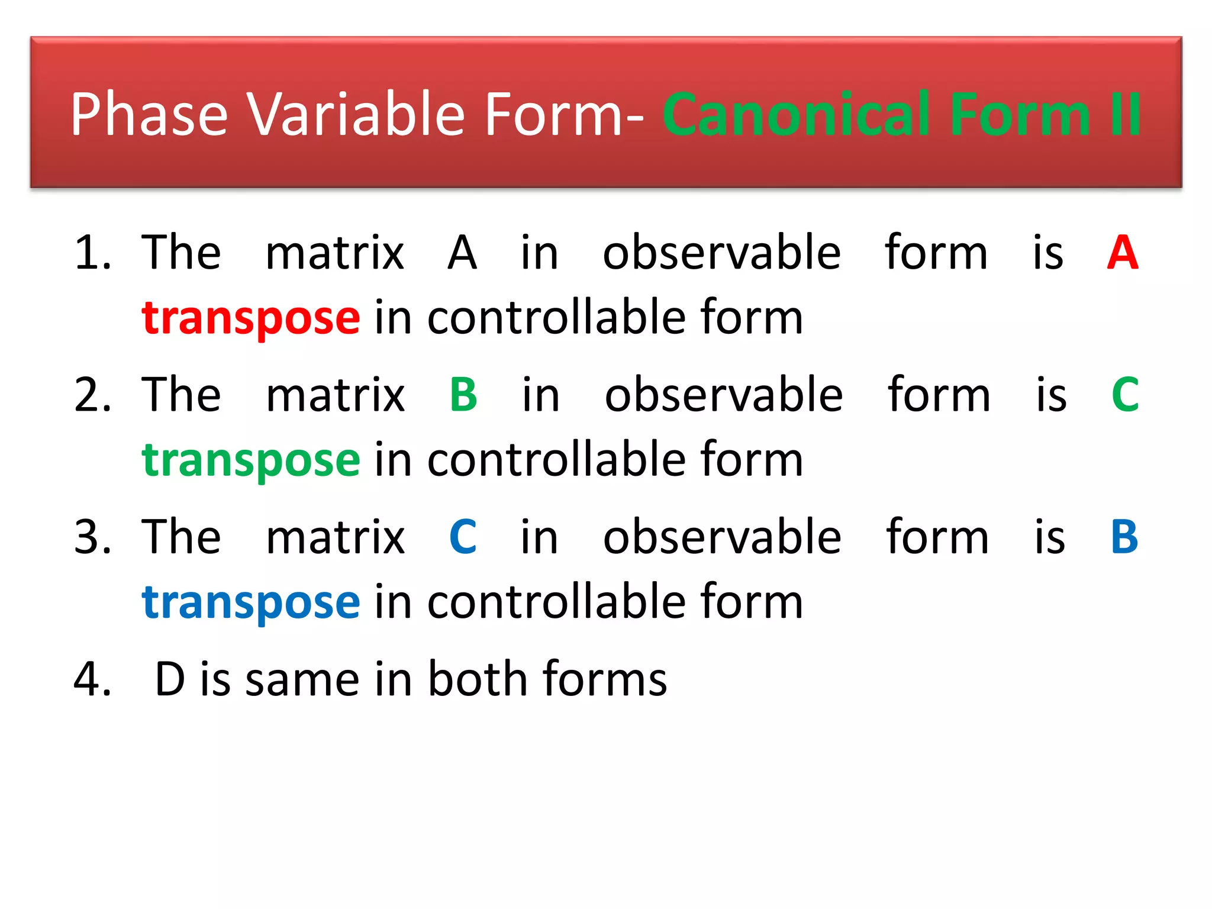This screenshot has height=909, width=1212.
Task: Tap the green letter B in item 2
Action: coord(463,395)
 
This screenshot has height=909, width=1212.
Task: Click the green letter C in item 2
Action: coord(1125,395)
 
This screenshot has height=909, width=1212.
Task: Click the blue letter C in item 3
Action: coord(463,537)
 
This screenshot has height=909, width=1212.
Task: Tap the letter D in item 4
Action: coord(170,679)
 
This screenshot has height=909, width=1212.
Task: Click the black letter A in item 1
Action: coord(462,253)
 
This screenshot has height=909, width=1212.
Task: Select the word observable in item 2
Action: coord(723,395)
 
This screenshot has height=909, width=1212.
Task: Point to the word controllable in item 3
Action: coord(556,602)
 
